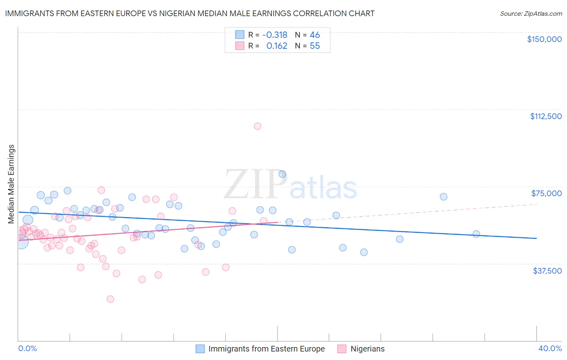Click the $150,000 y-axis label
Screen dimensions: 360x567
544,39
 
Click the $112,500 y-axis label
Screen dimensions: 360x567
546,116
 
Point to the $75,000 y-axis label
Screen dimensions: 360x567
546,193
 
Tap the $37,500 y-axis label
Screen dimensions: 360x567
547,271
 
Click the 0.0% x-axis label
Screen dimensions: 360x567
27,348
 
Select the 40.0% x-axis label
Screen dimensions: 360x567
550,348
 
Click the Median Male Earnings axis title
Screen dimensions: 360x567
11,184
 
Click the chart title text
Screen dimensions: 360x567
190,13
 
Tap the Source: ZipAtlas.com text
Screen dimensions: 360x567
531,14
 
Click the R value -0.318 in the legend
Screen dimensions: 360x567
275,35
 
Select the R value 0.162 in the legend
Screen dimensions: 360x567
277,46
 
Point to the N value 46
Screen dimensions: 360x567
315,35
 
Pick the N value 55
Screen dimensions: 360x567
315,46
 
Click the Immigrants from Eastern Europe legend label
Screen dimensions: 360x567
266,349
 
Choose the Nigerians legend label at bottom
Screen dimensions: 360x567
367,349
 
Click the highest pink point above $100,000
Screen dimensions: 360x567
257,126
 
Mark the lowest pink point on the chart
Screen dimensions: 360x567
110,299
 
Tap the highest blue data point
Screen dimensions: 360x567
282,174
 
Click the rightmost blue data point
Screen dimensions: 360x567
476,234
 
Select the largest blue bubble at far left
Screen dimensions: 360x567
21,241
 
